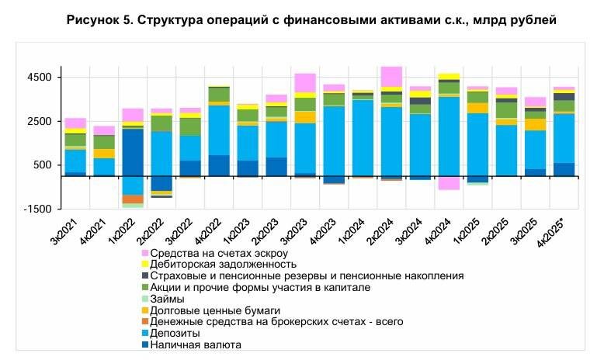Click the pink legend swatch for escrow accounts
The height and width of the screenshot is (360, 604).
coord(145,254)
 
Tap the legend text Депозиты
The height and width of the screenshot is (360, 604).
coord(174,333)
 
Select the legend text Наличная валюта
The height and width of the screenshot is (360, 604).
coord(196,344)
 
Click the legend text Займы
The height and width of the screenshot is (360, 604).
coord(167,299)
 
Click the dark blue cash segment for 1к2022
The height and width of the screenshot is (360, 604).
coord(134,152)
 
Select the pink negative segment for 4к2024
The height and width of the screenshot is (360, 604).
coord(448,183)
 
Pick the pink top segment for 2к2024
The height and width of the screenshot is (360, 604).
coord(391,76)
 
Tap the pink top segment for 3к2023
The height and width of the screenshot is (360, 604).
coord(305,82)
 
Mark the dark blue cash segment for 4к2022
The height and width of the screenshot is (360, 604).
coord(219,165)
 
